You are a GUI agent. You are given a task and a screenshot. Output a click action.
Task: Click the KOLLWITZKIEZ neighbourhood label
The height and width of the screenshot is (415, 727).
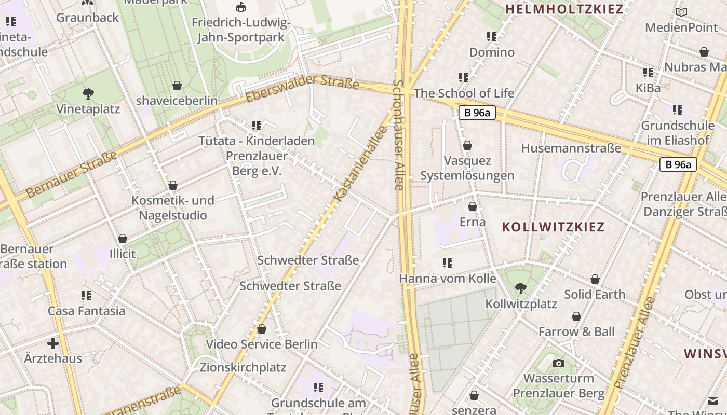[554, 227]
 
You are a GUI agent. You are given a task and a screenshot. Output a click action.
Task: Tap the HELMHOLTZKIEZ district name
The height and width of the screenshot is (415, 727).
[564, 9]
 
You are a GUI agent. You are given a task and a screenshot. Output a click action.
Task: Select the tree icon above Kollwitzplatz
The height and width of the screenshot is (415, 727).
[521, 288]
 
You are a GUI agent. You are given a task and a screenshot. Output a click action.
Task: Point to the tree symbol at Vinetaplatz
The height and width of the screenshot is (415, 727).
[88, 94]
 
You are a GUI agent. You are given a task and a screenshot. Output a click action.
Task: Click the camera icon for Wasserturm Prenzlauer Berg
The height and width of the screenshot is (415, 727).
[559, 363]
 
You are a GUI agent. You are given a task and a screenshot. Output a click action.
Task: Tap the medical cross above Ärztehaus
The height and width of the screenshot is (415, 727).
[53, 343]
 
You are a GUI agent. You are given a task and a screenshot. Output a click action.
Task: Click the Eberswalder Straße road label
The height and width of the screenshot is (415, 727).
[303, 88]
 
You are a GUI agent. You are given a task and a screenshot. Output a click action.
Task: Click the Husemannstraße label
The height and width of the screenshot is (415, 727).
[571, 148]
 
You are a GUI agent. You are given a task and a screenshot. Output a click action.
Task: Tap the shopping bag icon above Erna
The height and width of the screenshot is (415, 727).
[473, 207]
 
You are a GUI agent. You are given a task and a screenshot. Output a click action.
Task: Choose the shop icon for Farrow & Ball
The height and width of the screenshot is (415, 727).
[576, 316]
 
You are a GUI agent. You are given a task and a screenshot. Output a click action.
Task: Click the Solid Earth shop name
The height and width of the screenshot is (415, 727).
[595, 294]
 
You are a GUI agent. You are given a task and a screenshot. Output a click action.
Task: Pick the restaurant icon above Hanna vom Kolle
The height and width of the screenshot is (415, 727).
[448, 263]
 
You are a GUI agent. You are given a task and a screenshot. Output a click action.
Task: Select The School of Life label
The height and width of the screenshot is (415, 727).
[464, 93]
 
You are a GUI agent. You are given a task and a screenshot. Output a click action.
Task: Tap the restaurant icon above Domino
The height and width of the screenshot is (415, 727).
[492, 37]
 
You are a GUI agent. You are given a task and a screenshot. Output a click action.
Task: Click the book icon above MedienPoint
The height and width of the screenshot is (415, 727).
[681, 12]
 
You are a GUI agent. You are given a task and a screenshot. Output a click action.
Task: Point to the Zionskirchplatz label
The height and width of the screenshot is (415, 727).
[243, 367]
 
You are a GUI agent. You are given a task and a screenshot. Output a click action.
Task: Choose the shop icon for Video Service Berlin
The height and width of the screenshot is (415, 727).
[262, 329]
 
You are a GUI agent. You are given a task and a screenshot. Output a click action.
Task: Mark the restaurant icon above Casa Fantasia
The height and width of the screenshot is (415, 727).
[86, 296]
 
